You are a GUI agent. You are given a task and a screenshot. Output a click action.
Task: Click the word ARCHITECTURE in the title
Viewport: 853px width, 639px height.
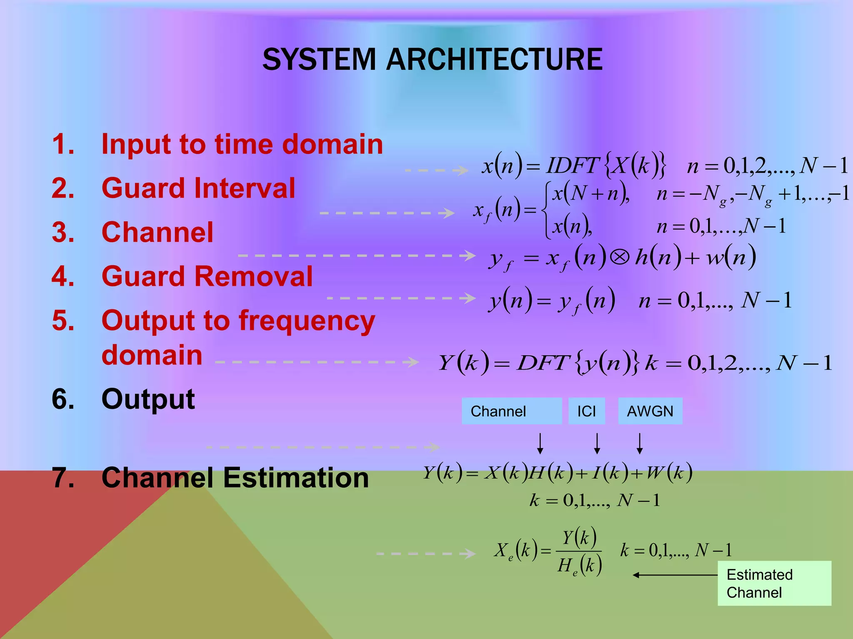pyautogui.click(x=494, y=59)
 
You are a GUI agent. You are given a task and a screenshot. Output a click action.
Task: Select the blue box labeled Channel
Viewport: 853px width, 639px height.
pyautogui.click(x=511, y=411)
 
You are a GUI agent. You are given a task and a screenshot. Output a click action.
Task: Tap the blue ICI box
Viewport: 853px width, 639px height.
pyautogui.click(x=586, y=411)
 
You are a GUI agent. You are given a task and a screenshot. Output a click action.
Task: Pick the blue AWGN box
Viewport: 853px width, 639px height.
pyautogui.click(x=650, y=411)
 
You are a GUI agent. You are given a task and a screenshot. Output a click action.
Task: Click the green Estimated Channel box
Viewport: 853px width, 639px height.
pyautogui.click(x=774, y=583)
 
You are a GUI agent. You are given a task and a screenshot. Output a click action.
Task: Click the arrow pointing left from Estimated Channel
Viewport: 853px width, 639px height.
pyautogui.click(x=675, y=575)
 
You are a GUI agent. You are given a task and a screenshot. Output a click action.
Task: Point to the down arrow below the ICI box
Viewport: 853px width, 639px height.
pyautogui.click(x=597, y=443)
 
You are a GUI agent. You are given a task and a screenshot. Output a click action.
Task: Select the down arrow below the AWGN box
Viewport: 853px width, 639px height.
pyautogui.click(x=640, y=443)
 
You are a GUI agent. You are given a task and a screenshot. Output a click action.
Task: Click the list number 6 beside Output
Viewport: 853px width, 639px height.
pyautogui.click(x=63, y=399)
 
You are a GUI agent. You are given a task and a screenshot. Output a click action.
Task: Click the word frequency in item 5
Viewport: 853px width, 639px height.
pyautogui.click(x=307, y=321)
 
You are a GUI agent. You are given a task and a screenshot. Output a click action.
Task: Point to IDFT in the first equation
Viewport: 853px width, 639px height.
pyautogui.click(x=572, y=166)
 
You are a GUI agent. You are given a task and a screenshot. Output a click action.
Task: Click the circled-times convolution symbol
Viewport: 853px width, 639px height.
pyautogui.click(x=620, y=258)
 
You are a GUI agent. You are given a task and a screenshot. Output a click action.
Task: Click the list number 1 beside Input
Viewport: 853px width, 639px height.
pyautogui.click(x=63, y=144)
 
